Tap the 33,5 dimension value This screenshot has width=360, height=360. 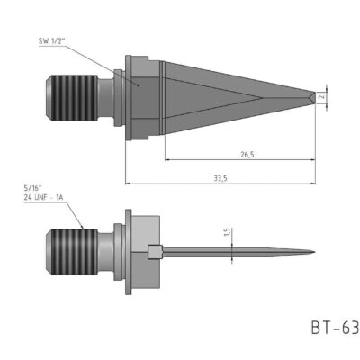tap(219, 177)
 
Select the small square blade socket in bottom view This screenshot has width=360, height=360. tap(156, 250)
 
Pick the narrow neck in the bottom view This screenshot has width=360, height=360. tap(107, 250)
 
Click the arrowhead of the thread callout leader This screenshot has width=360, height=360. tap(85, 229)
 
